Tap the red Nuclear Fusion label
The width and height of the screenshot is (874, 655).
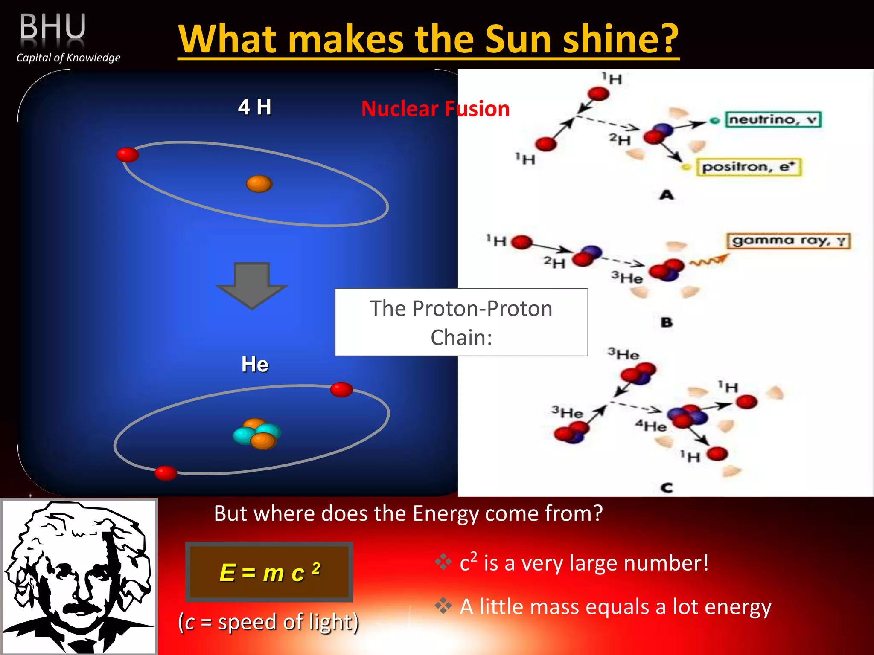(x=435, y=109)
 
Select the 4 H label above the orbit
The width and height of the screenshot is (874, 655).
(x=254, y=107)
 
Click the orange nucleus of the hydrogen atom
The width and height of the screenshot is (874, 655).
(x=259, y=184)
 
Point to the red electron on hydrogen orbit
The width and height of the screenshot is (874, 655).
(x=128, y=154)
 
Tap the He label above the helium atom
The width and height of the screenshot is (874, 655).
(x=255, y=364)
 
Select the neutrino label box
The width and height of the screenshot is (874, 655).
(x=773, y=119)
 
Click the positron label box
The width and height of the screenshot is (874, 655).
(x=749, y=167)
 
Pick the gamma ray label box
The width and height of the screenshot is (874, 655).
(x=789, y=241)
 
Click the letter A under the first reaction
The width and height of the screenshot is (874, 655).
(x=667, y=195)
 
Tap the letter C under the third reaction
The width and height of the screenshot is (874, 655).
(x=667, y=487)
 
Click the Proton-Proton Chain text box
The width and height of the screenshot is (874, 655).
(x=461, y=322)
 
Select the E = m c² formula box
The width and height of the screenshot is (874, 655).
(x=269, y=572)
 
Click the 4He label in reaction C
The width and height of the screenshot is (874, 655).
(x=651, y=426)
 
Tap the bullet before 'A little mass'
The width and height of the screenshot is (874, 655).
(x=443, y=606)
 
